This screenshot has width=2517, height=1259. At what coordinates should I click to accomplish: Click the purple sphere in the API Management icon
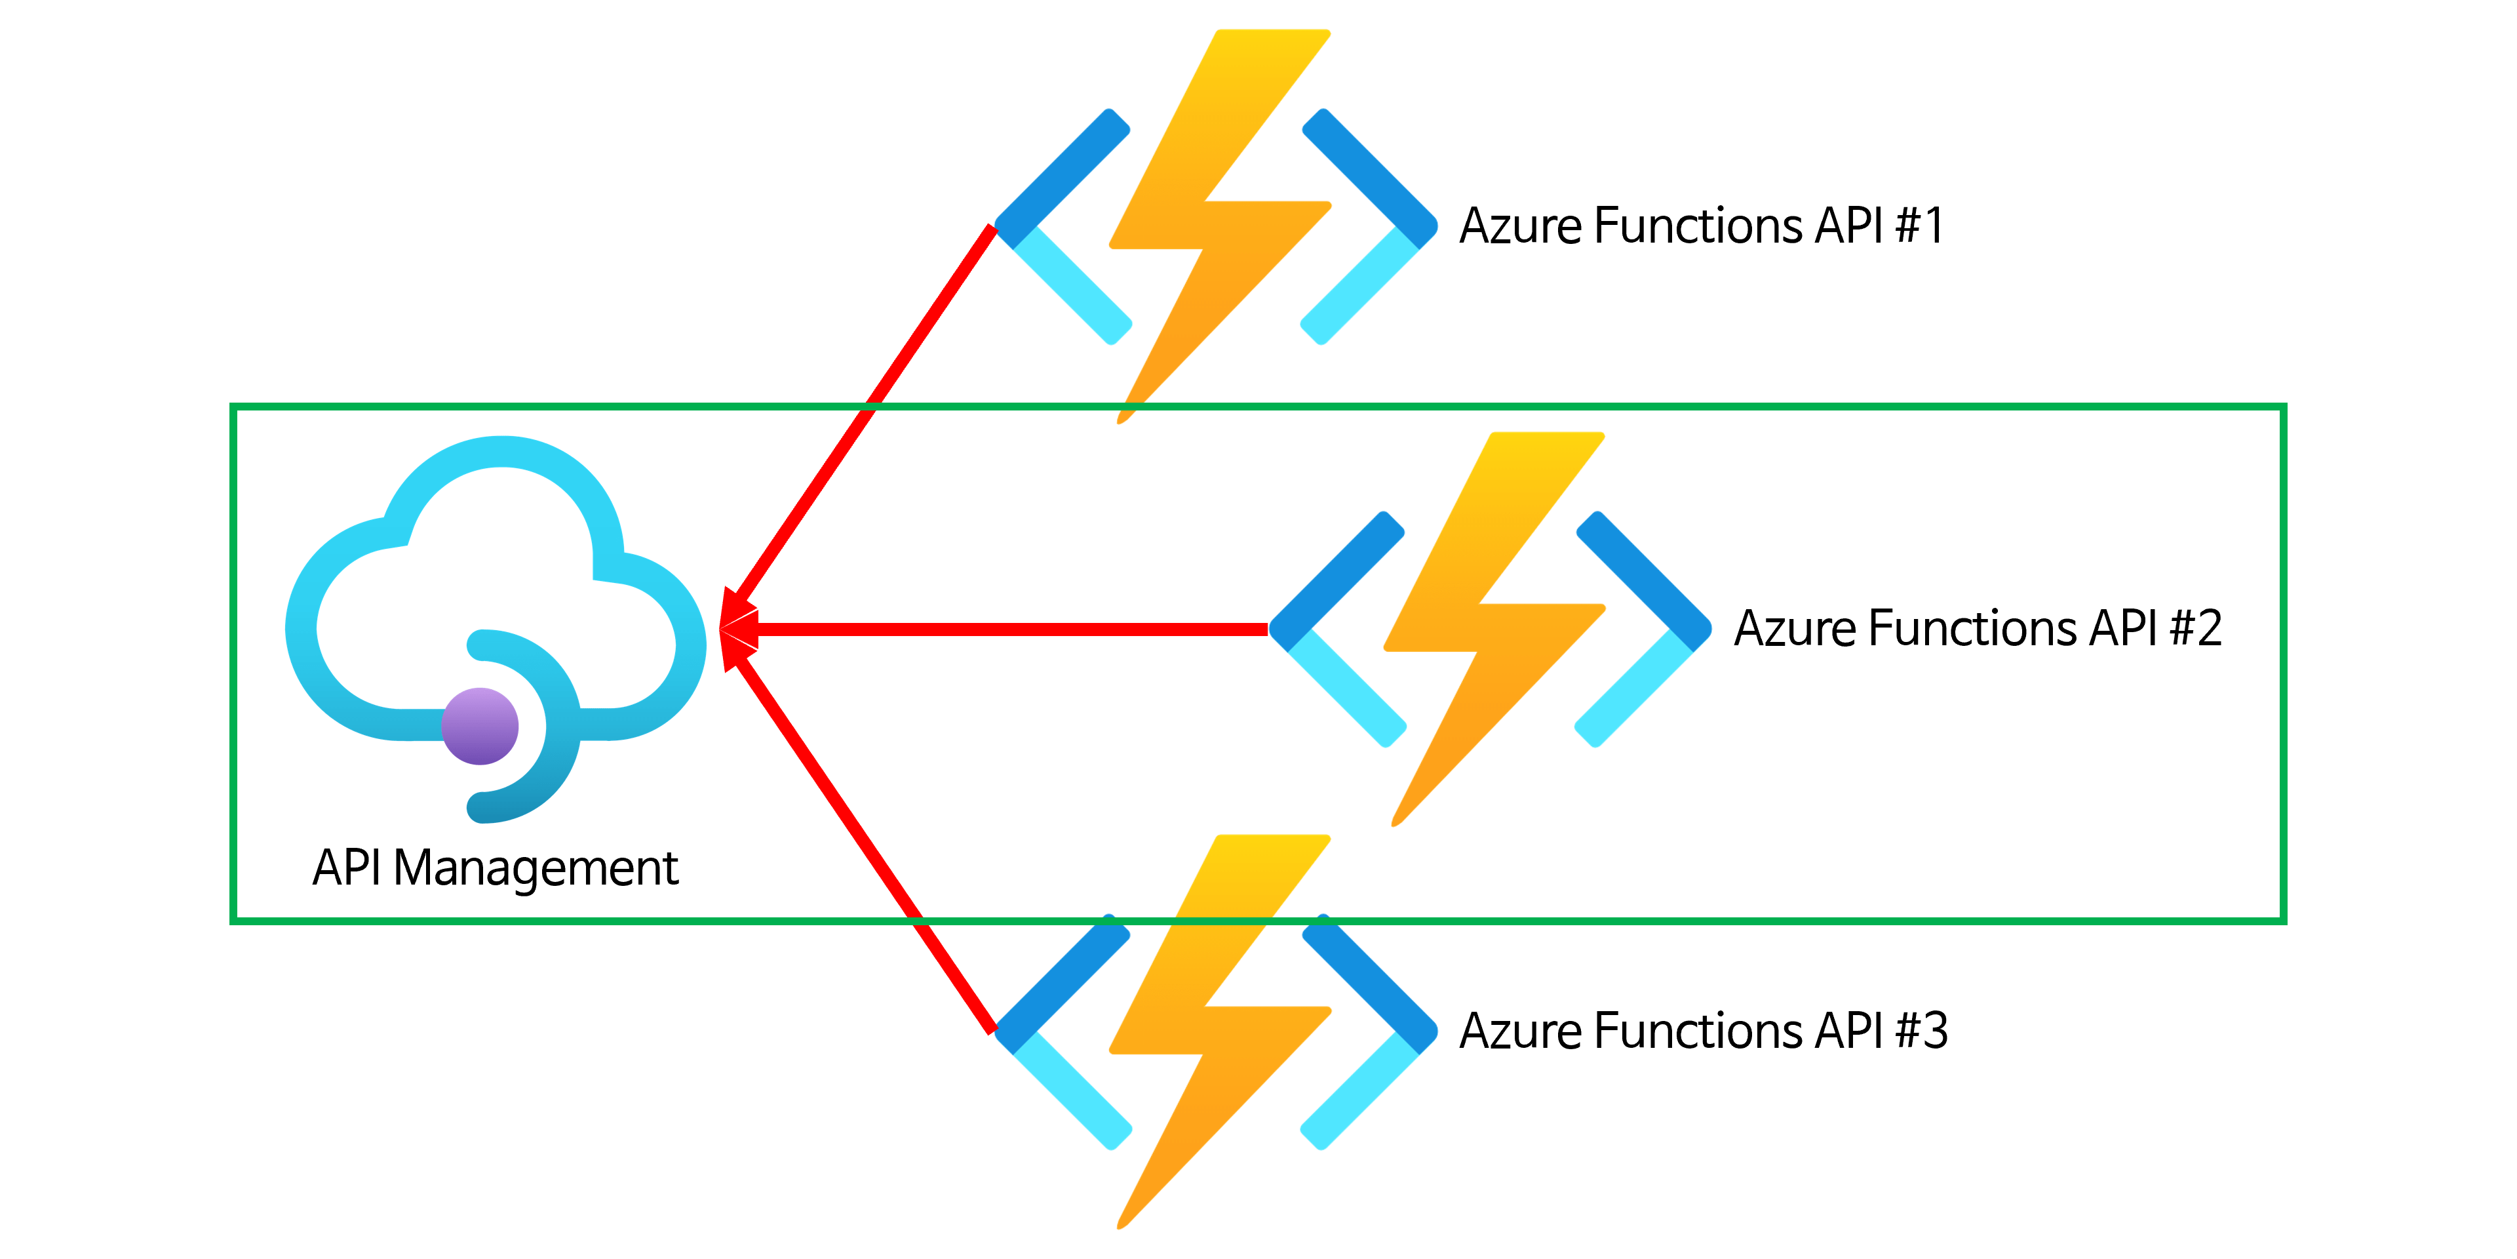480,727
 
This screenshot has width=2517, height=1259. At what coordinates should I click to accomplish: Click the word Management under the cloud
536,869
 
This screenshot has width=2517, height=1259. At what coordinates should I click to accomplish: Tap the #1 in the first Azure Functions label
1920,226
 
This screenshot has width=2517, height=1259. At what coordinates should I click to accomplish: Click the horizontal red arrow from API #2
1006,629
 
